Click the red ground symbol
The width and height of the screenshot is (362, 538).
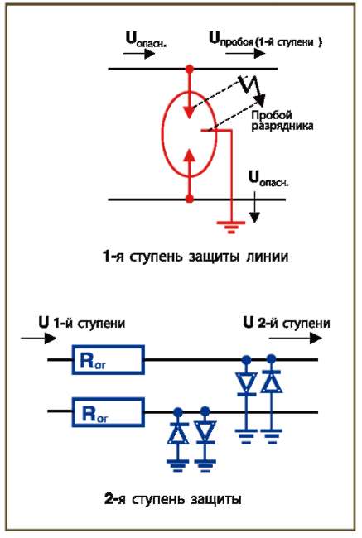click(231, 227)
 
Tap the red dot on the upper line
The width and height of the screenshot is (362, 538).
click(189, 70)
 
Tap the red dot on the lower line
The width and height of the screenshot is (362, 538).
click(189, 199)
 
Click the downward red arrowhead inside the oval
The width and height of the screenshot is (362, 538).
click(189, 112)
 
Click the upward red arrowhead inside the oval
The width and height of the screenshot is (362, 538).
click(189, 156)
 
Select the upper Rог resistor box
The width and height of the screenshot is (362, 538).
click(108, 359)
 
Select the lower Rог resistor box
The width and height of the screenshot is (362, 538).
click(108, 412)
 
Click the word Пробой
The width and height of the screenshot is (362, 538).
click(272, 115)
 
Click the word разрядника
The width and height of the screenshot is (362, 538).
click(282, 127)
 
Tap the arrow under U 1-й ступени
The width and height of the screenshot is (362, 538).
click(38, 339)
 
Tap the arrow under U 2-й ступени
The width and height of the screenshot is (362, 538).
click(296, 339)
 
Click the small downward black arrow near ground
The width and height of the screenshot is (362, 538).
click(254, 207)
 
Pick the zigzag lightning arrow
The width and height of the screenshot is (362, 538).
click(253, 90)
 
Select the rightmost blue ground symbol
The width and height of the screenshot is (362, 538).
click(272, 436)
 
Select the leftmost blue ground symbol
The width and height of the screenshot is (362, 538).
click(178, 465)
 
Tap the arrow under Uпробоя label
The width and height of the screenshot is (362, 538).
click(245, 54)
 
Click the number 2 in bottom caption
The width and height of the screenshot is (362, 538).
click(109, 499)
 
